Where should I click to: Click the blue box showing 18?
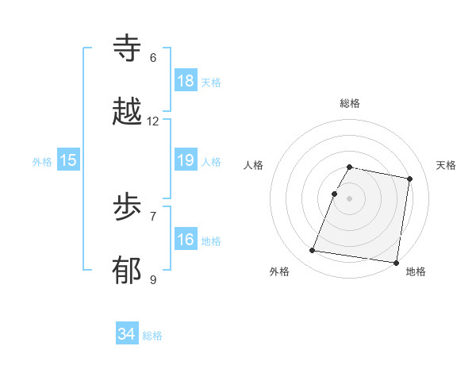click(x=185, y=81)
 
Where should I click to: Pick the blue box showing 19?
click(x=185, y=160)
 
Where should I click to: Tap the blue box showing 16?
click(x=185, y=240)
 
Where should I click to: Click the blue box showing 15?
click(x=68, y=160)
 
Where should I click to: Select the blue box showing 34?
click(x=127, y=334)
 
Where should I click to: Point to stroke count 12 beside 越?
click(x=153, y=121)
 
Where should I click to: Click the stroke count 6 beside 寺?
click(x=153, y=58)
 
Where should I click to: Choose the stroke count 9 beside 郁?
click(x=153, y=279)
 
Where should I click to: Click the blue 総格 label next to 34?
click(x=152, y=335)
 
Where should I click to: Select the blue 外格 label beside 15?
click(x=42, y=161)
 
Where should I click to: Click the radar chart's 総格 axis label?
click(x=350, y=103)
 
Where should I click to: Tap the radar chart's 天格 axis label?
click(x=446, y=165)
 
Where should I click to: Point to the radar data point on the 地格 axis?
click(x=396, y=262)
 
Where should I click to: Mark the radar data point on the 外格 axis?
click(x=313, y=251)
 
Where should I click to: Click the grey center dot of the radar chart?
click(x=350, y=198)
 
